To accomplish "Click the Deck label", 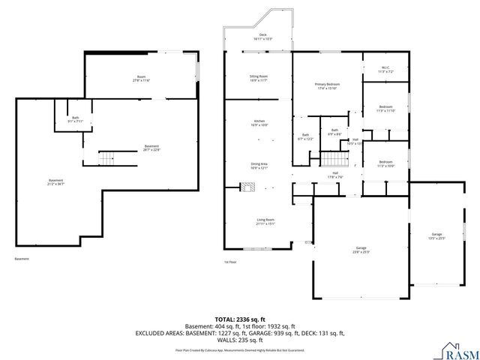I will coord(262,36).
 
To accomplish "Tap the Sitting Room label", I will coord(259,78).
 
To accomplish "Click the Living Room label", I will coord(265,222).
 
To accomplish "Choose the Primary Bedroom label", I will coord(328,87).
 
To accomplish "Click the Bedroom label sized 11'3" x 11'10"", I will coord(385,109).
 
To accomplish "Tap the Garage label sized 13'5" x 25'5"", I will coord(436,237).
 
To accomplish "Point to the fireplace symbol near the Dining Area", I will coord(245,188).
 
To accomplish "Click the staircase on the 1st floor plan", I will coord(335,159).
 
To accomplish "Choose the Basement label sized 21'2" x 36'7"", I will coord(56,181).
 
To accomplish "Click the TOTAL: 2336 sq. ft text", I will coord(240,319).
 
